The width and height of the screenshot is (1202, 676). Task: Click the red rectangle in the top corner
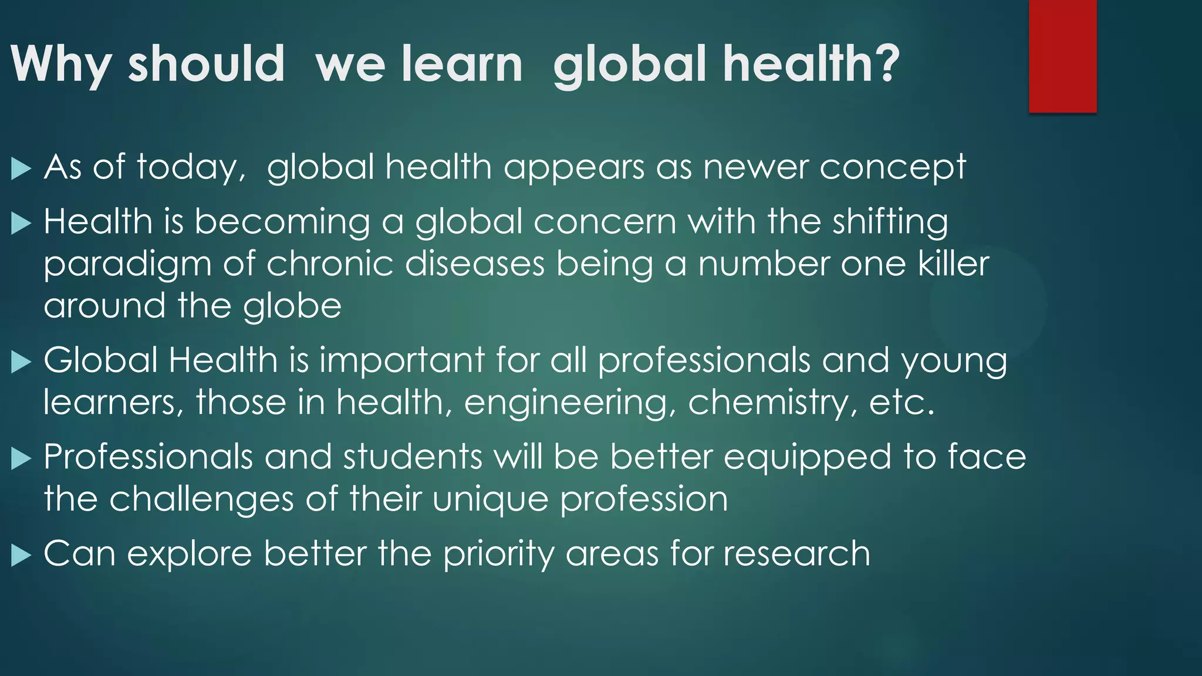[x=1062, y=56]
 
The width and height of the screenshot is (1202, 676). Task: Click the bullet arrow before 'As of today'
[x=21, y=169]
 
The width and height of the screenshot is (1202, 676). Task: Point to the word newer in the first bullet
[x=755, y=167]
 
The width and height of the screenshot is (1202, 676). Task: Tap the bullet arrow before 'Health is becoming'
[x=21, y=224]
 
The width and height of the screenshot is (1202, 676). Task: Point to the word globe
[x=292, y=307]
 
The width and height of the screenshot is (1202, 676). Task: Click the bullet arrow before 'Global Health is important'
[x=21, y=362]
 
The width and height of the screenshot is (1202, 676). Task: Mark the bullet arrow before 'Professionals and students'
[x=21, y=458]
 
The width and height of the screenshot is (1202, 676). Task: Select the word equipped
[x=808, y=458]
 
